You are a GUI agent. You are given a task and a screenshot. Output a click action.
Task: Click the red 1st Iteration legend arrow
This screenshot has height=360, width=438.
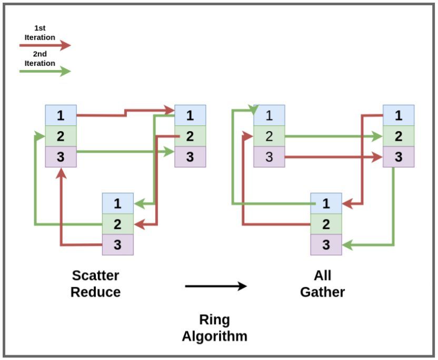[45, 45]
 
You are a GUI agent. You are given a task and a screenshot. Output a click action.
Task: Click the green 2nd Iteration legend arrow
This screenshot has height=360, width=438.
[45, 71]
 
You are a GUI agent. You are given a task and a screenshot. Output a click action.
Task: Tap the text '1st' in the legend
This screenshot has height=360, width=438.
[39, 28]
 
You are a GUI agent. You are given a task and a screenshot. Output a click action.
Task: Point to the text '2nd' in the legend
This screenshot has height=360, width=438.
[39, 54]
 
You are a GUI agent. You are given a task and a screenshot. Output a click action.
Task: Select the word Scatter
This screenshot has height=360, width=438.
[95, 276]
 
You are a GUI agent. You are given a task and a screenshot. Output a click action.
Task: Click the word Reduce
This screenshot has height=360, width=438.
[95, 292]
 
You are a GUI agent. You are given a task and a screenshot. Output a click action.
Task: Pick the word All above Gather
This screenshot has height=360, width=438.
[323, 276]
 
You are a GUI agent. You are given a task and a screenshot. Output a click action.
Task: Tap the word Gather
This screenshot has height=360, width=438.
[323, 292]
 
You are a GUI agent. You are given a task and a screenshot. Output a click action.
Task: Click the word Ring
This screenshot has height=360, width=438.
[215, 321]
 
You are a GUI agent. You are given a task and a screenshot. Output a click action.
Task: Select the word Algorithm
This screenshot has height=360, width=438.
[215, 336]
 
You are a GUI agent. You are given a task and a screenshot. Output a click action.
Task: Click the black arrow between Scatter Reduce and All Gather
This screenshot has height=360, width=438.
[216, 286]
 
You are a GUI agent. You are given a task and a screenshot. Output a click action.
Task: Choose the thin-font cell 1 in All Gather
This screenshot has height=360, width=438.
[269, 115]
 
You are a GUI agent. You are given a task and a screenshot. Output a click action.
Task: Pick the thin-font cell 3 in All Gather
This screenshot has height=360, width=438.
[269, 157]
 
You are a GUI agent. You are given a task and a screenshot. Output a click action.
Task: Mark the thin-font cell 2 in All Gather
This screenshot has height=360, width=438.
[269, 136]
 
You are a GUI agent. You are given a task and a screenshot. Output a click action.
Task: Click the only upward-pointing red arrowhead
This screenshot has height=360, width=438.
[61, 173]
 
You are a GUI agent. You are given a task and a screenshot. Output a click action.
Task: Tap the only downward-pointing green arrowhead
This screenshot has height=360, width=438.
[254, 110]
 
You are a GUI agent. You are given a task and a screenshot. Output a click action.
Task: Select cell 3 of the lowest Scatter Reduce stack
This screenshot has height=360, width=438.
[117, 245]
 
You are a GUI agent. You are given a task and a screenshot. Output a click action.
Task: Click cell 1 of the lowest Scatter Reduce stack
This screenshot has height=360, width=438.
[117, 203]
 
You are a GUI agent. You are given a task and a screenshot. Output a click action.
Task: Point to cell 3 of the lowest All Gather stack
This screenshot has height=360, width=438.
[326, 245]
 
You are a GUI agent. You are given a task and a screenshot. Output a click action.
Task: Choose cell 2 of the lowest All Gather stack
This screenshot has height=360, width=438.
[326, 224]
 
